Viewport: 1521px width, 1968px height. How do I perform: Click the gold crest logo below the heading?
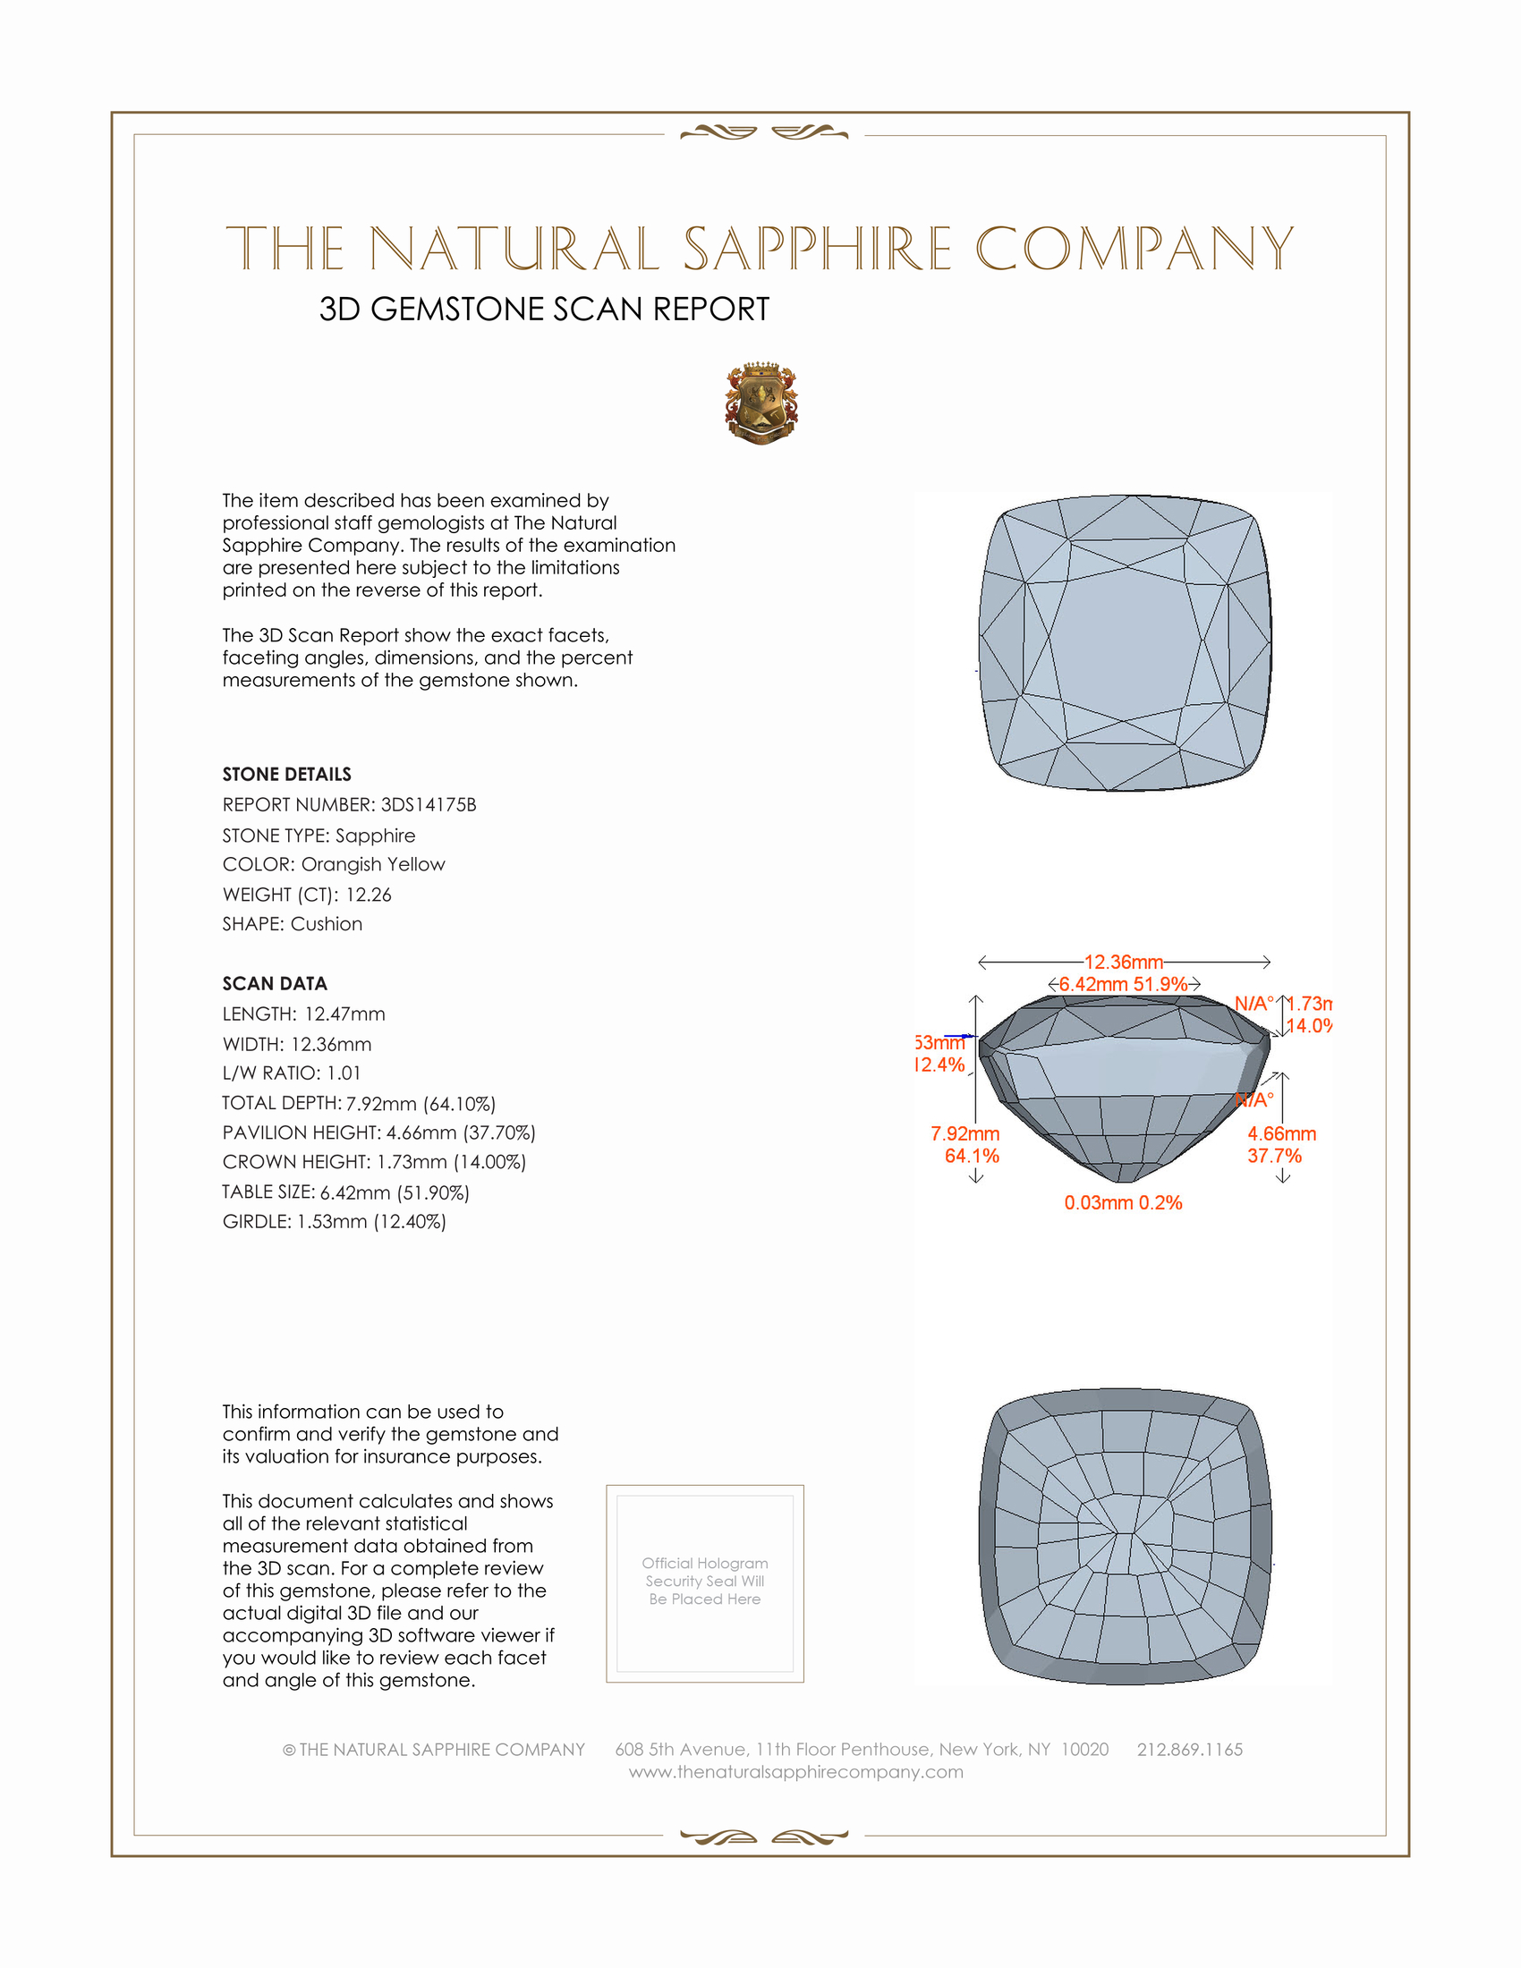tap(761, 403)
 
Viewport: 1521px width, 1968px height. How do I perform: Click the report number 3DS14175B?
tap(428, 805)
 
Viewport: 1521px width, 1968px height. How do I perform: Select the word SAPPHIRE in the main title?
tap(817, 249)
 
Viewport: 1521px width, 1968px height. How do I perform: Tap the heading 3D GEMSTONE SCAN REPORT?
tap(544, 310)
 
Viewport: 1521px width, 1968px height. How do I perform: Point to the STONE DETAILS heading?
tap(286, 774)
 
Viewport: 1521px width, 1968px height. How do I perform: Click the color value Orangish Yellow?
tap(373, 864)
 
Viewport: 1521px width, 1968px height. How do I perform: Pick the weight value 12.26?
tap(369, 895)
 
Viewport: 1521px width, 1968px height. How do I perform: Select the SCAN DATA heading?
tap(275, 983)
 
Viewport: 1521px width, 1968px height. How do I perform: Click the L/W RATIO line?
tap(291, 1073)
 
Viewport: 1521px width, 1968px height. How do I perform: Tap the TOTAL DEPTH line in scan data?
tap(359, 1103)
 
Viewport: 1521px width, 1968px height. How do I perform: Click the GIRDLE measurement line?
tap(335, 1222)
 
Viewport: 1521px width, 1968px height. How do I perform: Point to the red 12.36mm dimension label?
tap(1123, 963)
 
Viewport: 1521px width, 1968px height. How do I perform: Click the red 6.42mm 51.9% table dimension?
tap(1123, 984)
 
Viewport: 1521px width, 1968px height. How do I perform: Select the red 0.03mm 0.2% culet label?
tap(1123, 1203)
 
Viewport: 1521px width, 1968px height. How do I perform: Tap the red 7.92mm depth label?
tap(965, 1133)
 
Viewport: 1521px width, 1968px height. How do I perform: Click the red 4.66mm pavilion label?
tap(1281, 1133)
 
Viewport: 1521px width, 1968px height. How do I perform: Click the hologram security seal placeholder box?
tap(705, 1584)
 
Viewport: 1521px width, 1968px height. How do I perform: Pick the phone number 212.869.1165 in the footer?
tap(1189, 1749)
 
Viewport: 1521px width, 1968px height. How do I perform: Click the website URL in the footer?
tap(795, 1771)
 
